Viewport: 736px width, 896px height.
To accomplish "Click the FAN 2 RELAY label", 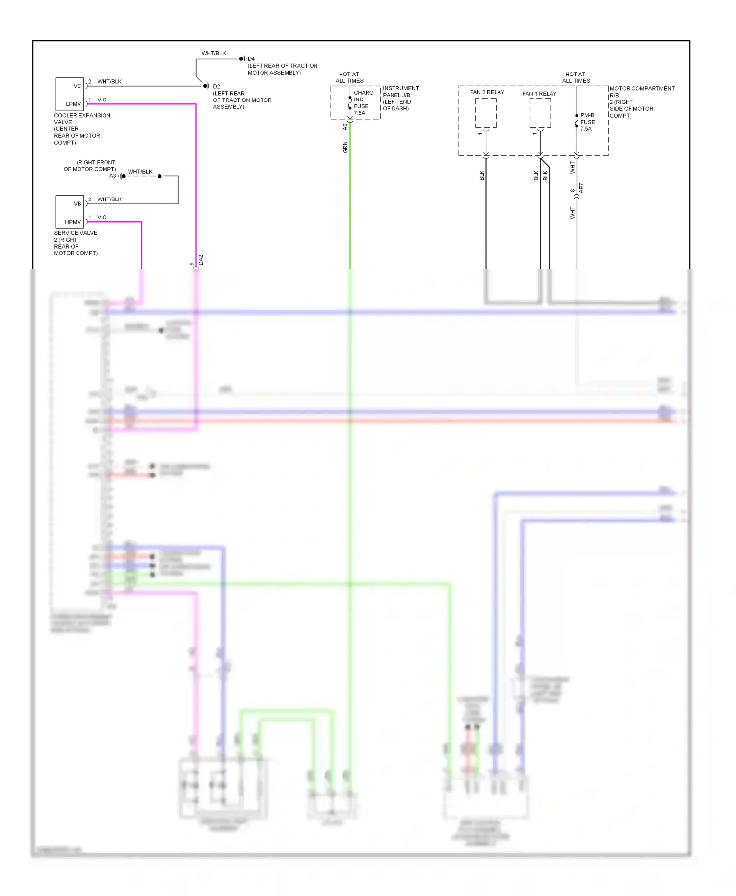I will coord(487,92).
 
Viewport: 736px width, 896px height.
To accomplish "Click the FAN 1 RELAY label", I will coord(539,94).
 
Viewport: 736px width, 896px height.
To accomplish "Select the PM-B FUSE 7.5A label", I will coord(587,122).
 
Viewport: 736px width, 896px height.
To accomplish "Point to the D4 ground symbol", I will coord(242,59).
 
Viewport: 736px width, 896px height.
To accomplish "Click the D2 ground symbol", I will coord(207,86).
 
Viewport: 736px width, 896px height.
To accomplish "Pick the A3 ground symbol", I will coord(122,176).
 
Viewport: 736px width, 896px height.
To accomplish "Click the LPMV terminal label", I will coord(74,104).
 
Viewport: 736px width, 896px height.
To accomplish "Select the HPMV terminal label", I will coord(73,222).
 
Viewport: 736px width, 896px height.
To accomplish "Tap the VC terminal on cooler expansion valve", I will coord(77,86).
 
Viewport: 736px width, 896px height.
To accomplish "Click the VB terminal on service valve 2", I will coord(77,204).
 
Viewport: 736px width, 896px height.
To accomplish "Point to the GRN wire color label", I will coord(345,147).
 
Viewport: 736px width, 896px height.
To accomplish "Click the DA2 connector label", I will coord(201,260).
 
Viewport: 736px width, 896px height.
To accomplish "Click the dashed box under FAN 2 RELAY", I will coord(486,113).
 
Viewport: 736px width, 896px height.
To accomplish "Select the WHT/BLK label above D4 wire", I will coord(213,53).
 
